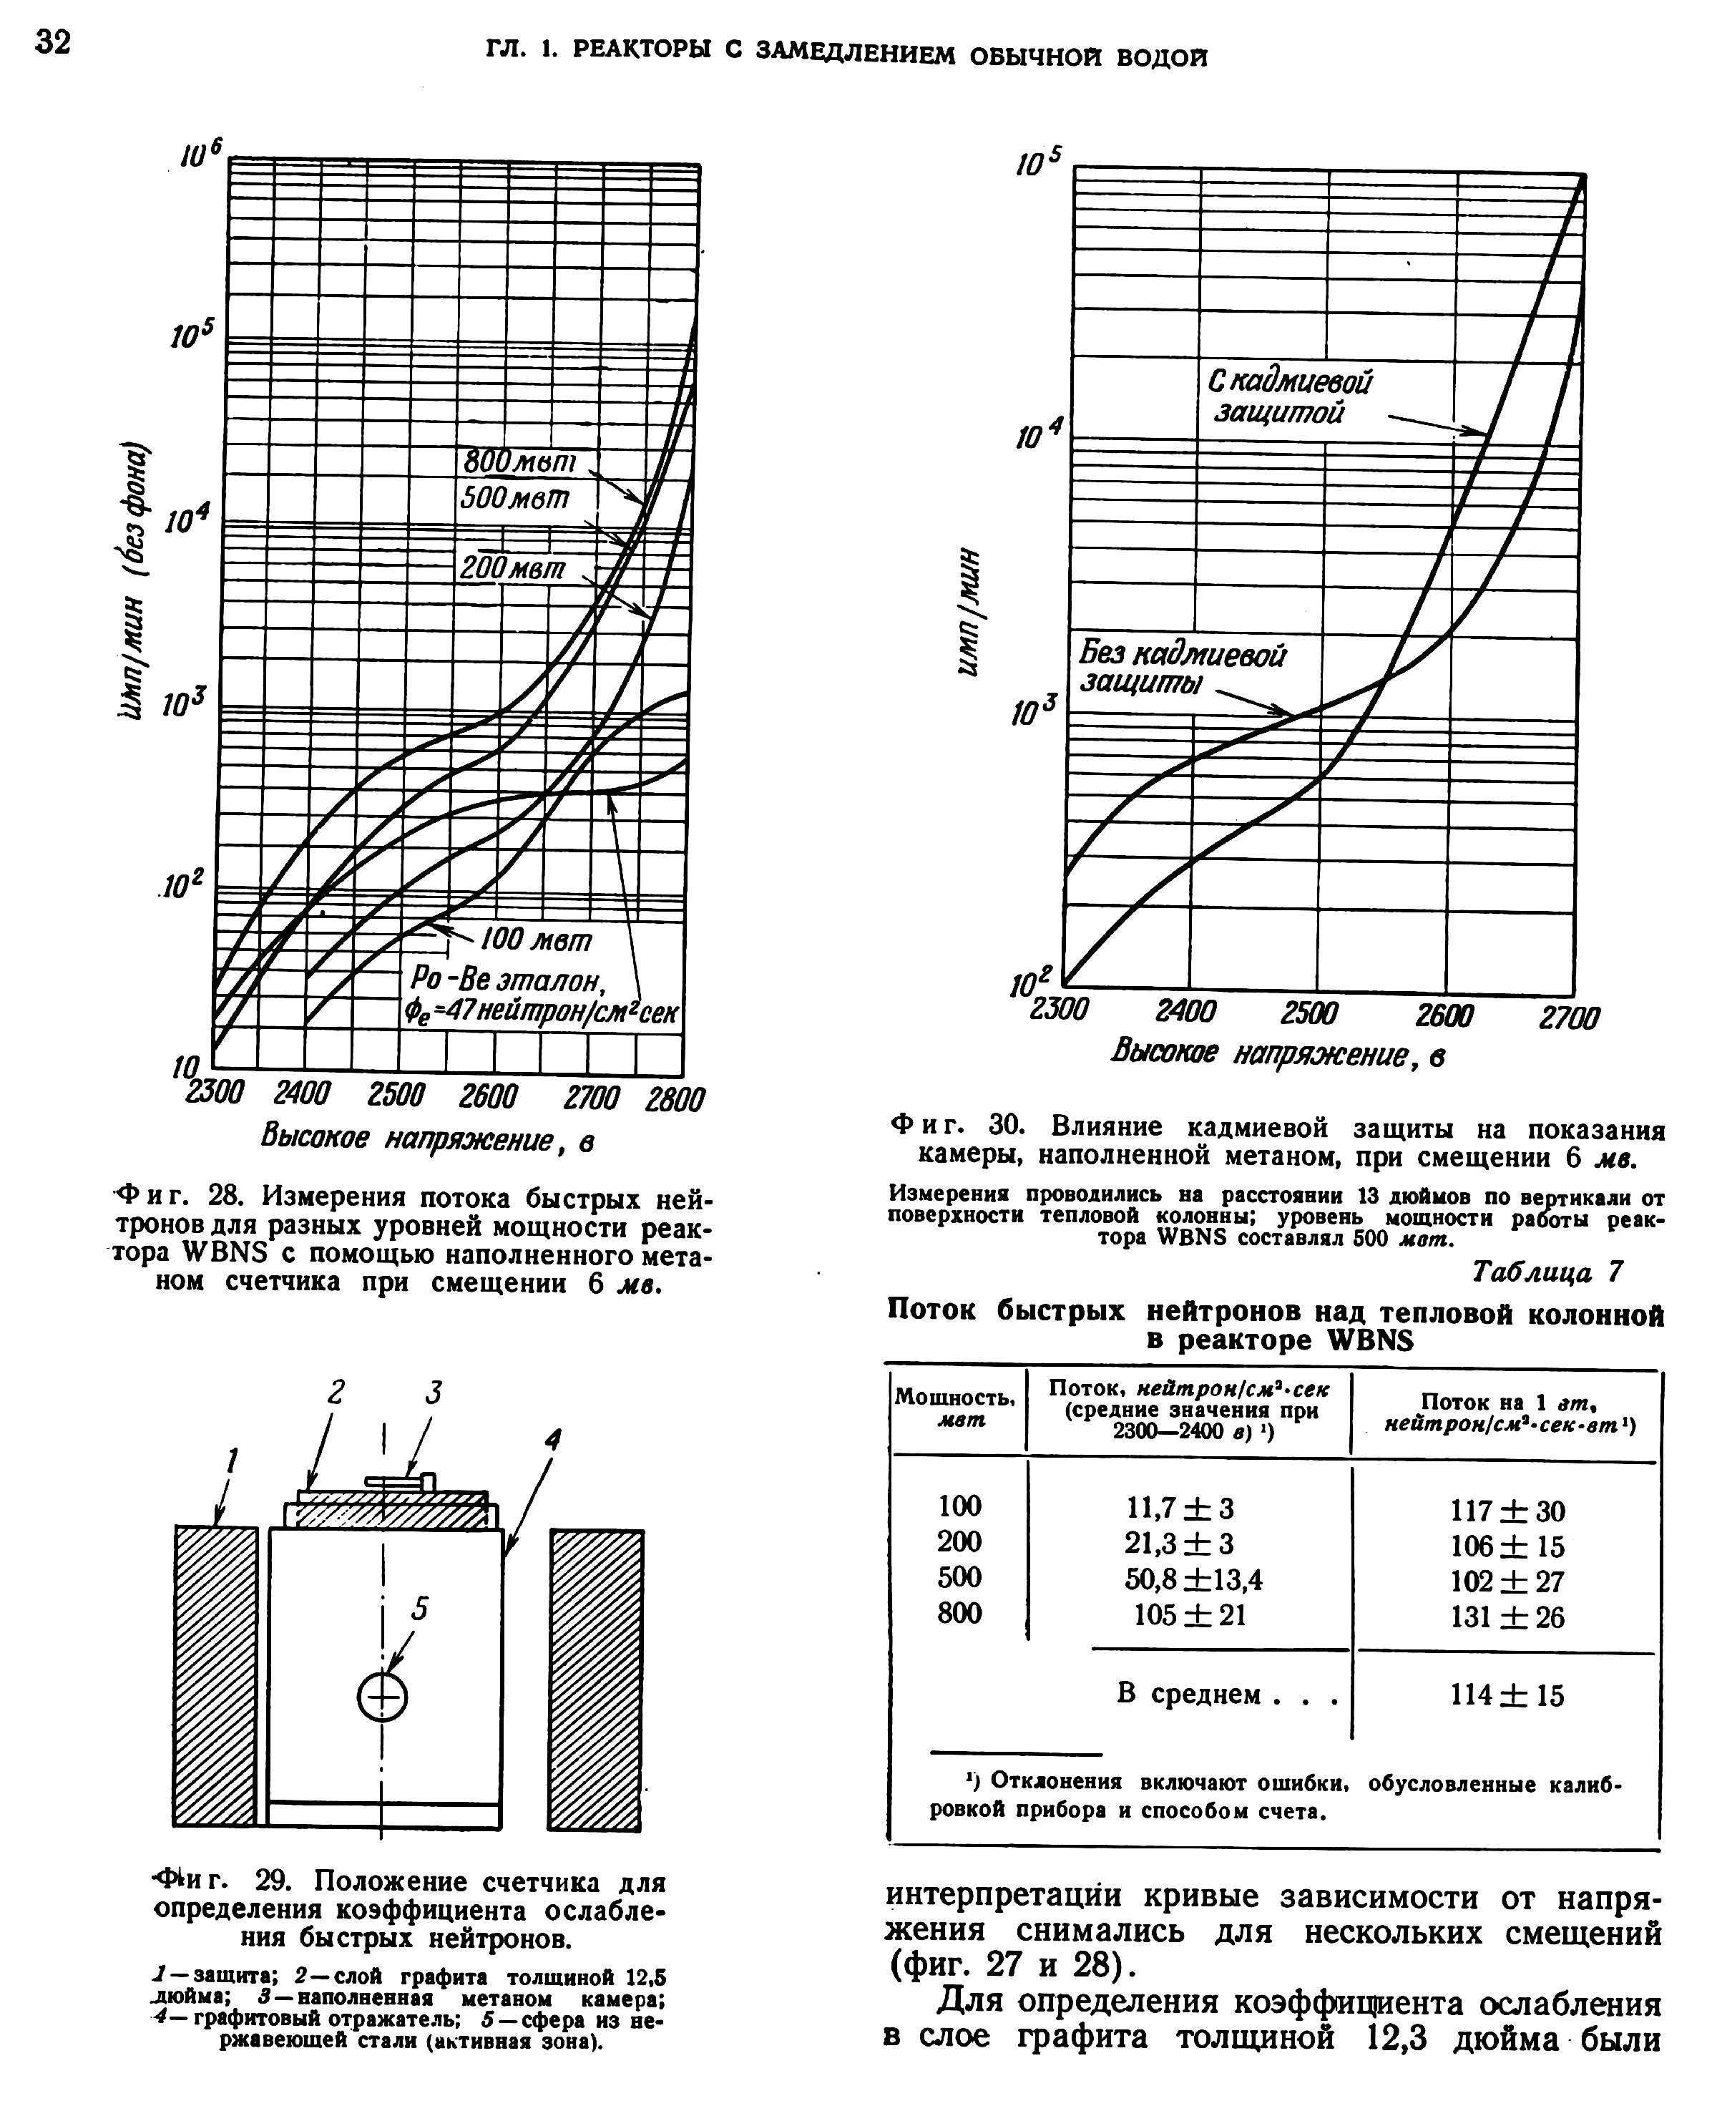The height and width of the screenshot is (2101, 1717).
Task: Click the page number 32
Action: coord(54,42)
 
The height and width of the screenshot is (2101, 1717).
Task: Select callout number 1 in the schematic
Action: coord(233,1460)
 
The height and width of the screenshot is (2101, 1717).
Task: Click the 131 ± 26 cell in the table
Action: coord(1507,1617)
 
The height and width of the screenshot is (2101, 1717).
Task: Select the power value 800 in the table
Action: coord(959,1614)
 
